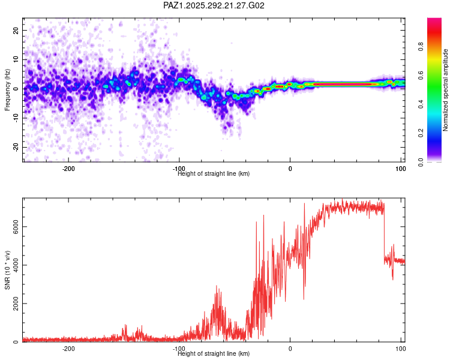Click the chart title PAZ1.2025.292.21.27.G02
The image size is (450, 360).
coord(214,5)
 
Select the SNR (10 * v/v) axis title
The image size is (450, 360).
coord(7,270)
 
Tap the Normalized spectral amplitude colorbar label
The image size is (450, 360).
coord(445,90)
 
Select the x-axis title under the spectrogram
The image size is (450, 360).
coord(214,174)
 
